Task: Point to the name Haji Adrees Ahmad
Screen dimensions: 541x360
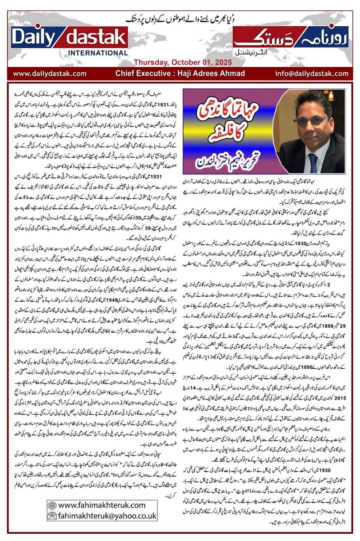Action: click(x=210, y=73)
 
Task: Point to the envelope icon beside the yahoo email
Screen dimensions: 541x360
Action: click(x=52, y=515)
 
